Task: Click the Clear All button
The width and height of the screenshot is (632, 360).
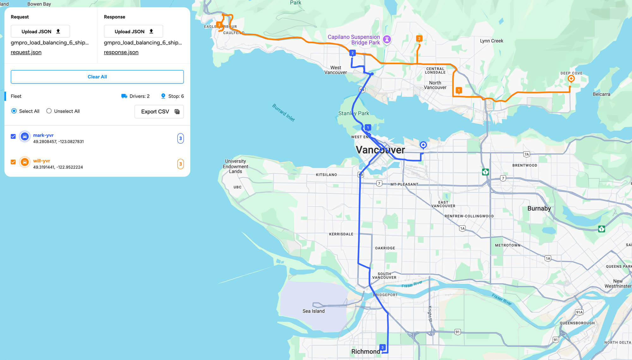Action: (x=97, y=77)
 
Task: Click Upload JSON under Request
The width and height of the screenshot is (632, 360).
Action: (x=40, y=31)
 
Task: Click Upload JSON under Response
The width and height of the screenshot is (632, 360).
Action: (x=133, y=31)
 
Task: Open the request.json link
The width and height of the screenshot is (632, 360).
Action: (x=26, y=52)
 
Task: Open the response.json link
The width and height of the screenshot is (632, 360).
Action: (x=121, y=52)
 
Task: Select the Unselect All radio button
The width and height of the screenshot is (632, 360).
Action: (x=49, y=111)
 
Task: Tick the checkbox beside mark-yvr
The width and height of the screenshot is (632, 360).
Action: (x=13, y=137)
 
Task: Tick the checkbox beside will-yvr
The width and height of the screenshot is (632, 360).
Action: (x=13, y=162)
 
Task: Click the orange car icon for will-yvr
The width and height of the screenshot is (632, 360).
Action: (x=25, y=162)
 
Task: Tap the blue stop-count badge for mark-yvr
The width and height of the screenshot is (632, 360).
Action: (x=180, y=138)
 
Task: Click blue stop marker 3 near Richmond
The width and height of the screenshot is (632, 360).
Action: (x=382, y=347)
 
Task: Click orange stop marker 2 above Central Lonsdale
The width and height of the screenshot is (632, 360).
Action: (x=419, y=39)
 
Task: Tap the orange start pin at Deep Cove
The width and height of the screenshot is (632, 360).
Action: (x=571, y=78)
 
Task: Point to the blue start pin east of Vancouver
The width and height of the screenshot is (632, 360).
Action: (x=423, y=145)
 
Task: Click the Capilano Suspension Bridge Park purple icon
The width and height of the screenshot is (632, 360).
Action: (x=387, y=39)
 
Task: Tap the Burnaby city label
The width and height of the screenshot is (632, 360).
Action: (x=539, y=208)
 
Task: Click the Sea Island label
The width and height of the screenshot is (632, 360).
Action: (x=313, y=311)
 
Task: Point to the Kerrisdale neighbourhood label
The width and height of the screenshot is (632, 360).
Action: (x=341, y=234)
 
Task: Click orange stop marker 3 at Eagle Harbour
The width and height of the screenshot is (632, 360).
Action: (x=219, y=25)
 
